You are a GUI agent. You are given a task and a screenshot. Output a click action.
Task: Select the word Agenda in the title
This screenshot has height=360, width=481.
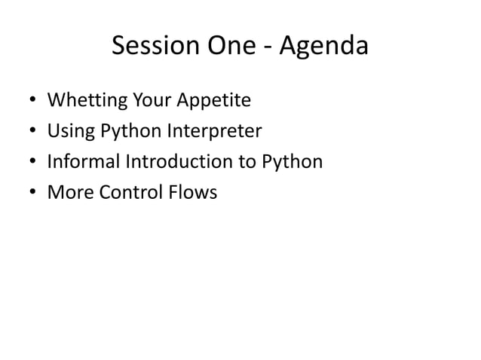tap(325, 48)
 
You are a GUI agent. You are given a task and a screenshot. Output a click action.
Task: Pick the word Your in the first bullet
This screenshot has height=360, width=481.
tap(153, 102)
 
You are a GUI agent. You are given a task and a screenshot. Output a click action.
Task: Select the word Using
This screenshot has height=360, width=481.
tap(69, 133)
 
